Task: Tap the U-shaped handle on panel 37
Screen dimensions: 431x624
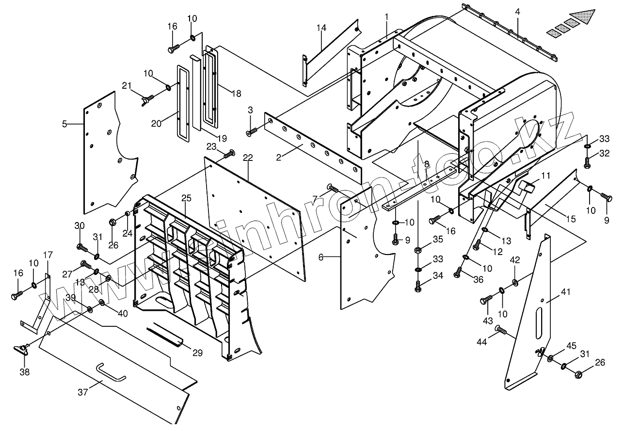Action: click(111, 372)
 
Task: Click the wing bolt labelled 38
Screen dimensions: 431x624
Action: click(22, 350)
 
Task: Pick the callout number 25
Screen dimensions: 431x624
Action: click(187, 198)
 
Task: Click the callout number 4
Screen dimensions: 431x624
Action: click(518, 10)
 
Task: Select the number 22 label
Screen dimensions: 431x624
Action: click(248, 158)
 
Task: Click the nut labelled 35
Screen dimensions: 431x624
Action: click(417, 251)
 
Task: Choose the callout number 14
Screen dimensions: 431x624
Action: click(321, 28)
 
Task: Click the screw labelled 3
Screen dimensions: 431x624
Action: click(252, 130)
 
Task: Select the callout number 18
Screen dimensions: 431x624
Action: click(236, 94)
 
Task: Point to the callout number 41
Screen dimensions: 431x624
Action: click(565, 292)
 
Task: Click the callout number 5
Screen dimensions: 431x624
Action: click(64, 124)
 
